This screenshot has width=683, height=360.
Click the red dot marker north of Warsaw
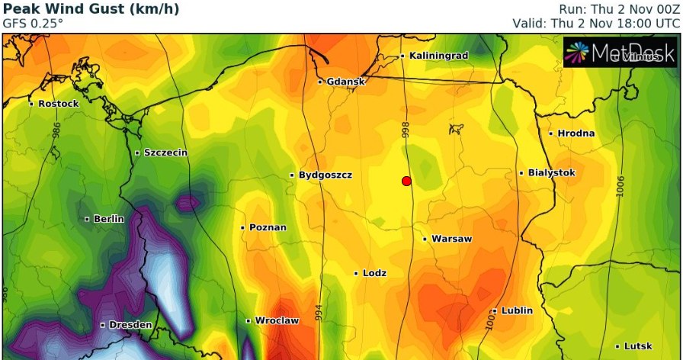(x=406, y=181)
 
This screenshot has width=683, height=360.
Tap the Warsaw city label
(x=451, y=239)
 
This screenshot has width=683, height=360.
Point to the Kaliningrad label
(x=438, y=56)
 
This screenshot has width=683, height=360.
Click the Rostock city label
(x=58, y=103)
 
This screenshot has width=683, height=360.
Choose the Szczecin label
(x=165, y=153)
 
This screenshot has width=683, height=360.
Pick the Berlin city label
(x=108, y=219)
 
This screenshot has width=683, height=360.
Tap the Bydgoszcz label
(x=325, y=175)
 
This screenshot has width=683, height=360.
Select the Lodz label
(x=374, y=273)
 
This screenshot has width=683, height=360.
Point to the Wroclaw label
(x=276, y=320)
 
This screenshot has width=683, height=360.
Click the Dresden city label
(x=130, y=325)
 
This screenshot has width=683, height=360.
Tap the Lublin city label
(x=517, y=310)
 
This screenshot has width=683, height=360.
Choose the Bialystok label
(x=551, y=173)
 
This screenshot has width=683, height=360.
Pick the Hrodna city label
(x=576, y=133)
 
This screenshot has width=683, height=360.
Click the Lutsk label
(x=637, y=346)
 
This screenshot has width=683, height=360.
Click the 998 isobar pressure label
(x=406, y=130)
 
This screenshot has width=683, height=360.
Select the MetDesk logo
(x=620, y=53)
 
